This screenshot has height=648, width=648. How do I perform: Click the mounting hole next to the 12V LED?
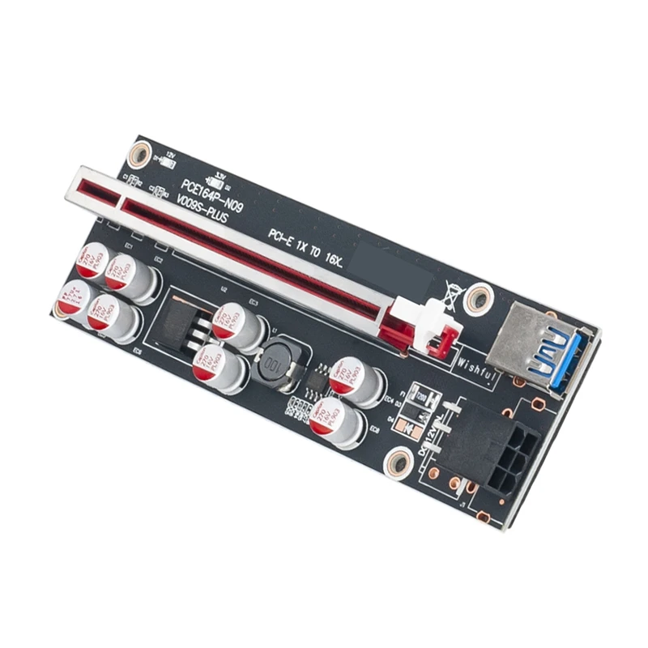139,151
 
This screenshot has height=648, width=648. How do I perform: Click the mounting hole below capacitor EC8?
398,463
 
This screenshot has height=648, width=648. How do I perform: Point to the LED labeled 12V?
168,161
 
